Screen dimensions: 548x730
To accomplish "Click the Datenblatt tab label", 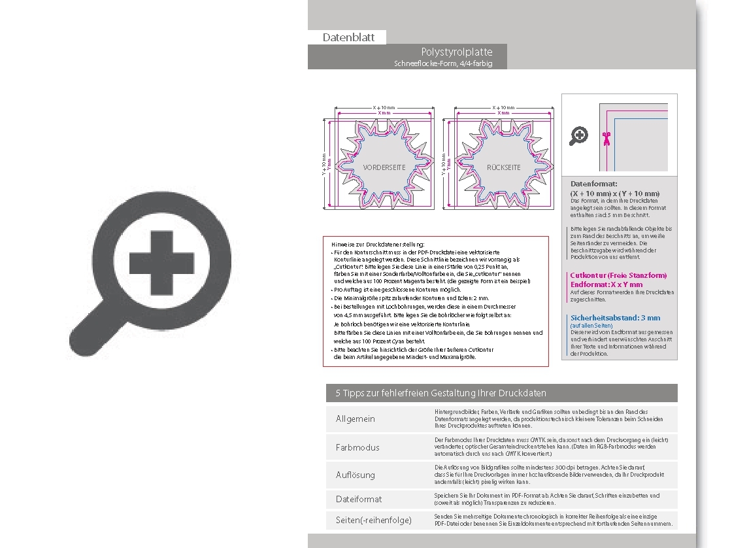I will [x=348, y=37].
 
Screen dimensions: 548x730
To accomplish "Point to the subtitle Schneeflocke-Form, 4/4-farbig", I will [x=442, y=63].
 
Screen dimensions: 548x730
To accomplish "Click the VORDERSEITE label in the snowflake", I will [x=384, y=167].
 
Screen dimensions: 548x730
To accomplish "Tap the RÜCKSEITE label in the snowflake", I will [x=503, y=167].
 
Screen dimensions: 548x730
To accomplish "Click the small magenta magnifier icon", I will [x=579, y=136].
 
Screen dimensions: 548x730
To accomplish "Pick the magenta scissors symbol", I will [x=606, y=138].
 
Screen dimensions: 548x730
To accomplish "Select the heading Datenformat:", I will [x=593, y=184].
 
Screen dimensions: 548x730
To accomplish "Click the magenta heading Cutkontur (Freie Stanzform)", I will [x=618, y=276].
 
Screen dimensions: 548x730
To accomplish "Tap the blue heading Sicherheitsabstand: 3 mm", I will [x=615, y=318].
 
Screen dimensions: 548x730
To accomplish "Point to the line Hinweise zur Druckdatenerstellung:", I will [x=378, y=243].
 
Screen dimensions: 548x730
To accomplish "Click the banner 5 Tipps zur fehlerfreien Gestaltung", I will [x=440, y=393].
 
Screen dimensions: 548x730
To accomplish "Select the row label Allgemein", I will [x=356, y=419].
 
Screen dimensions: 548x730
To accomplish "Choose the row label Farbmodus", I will [x=357, y=447].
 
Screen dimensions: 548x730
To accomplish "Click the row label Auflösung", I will [x=356, y=475].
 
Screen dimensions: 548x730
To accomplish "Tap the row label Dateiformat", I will [x=359, y=499].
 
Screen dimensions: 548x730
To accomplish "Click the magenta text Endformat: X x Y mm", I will [x=606, y=284].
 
